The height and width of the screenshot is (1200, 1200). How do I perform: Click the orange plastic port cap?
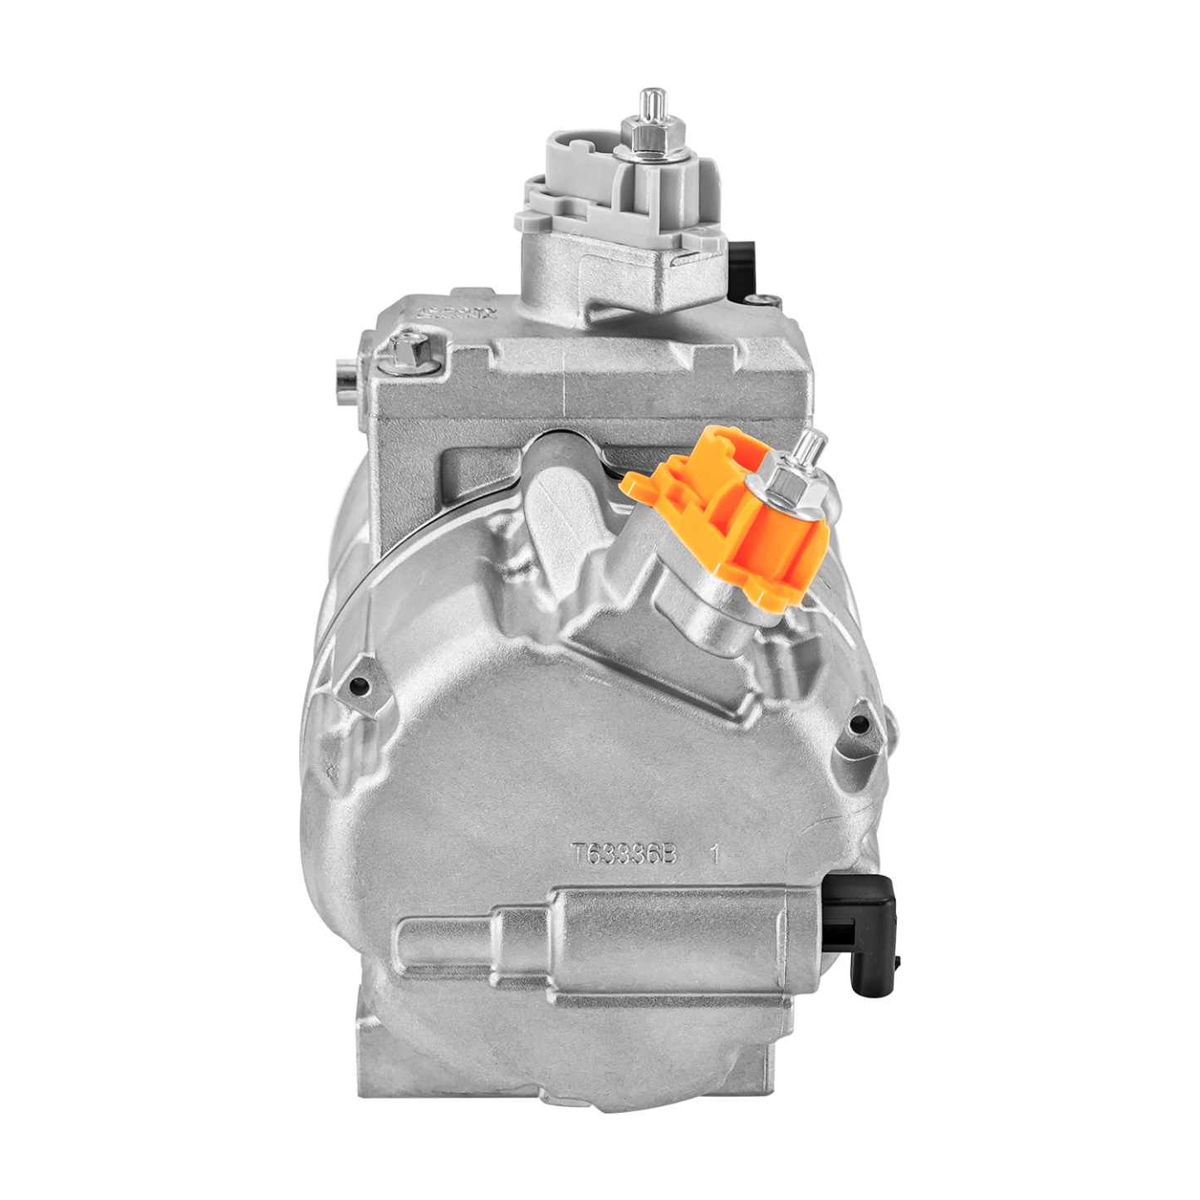(x=731, y=523)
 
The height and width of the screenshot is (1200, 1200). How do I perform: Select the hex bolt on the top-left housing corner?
(x=409, y=353)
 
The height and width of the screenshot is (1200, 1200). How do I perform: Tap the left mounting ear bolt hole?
(x=360, y=686)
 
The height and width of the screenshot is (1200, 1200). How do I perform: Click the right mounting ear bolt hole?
(x=860, y=725)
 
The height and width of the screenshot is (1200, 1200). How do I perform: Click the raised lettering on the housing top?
(x=457, y=313)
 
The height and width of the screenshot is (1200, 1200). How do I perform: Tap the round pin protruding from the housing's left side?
(x=343, y=377)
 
